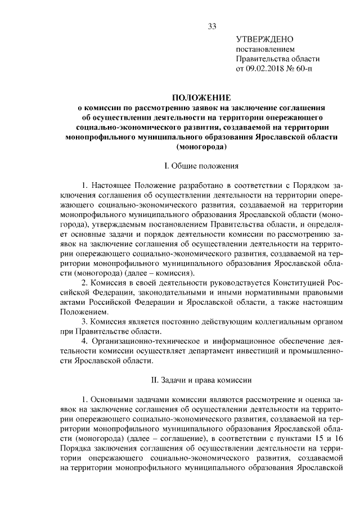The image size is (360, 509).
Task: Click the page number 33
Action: pyautogui.click(x=212, y=26)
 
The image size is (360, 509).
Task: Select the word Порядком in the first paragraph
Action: pyautogui.click(x=305, y=184)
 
